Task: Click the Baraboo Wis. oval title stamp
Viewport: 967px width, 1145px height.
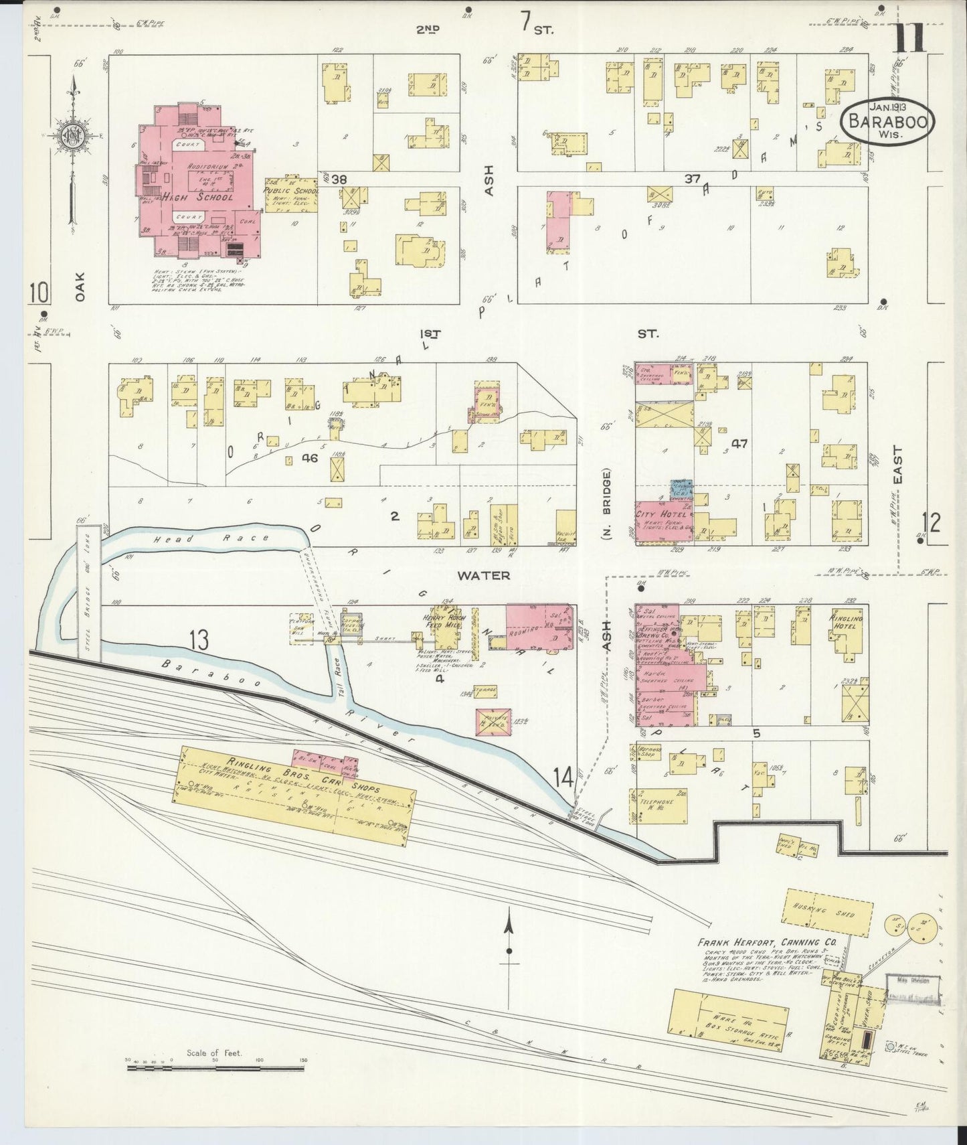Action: [885, 122]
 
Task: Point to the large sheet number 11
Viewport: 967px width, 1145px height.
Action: [909, 38]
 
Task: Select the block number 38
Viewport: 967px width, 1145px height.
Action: [339, 179]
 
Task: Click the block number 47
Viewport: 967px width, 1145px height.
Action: [739, 443]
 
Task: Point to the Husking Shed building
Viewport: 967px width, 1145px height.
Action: [828, 912]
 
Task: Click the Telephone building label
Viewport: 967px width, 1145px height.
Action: [655, 804]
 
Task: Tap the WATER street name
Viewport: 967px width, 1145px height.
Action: [484, 575]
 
